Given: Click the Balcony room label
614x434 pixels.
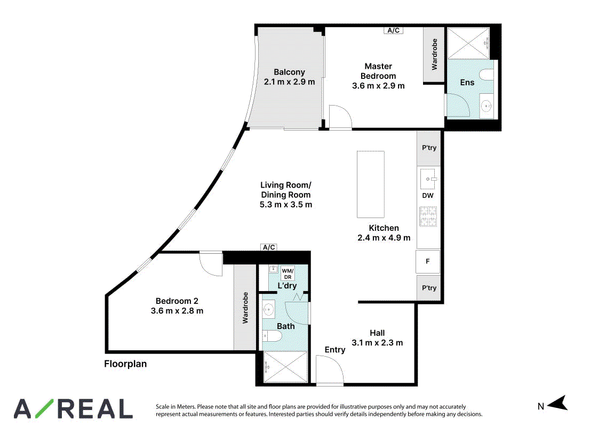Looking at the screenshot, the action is tap(289, 72).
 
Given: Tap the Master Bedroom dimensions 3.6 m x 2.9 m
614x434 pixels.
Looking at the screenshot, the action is tap(378, 86).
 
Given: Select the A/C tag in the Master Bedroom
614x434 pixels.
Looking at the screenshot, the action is tap(393, 30).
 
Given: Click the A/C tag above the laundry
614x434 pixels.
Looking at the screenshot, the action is tap(269, 247).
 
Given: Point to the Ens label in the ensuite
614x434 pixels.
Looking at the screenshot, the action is tap(467, 83).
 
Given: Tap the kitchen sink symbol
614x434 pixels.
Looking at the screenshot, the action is tap(428, 179).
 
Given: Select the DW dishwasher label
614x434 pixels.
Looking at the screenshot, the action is tap(428, 195).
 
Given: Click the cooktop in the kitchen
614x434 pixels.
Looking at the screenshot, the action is tap(428, 216).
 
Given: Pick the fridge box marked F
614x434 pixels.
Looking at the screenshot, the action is tap(428, 261).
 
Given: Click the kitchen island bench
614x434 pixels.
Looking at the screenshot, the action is tap(370, 184).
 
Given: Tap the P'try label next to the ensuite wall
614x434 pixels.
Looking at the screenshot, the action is tap(429, 148).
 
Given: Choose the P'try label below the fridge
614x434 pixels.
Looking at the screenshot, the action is tap(429, 287).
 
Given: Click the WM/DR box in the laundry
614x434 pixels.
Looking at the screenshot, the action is tap(288, 274).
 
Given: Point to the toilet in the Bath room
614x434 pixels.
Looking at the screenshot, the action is tap(272, 336).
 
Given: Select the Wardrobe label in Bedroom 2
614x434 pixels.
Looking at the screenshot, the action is tap(245, 308).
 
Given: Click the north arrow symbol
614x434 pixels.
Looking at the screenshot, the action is tap(557, 403).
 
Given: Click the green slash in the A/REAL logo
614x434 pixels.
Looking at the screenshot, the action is tap(45, 408).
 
